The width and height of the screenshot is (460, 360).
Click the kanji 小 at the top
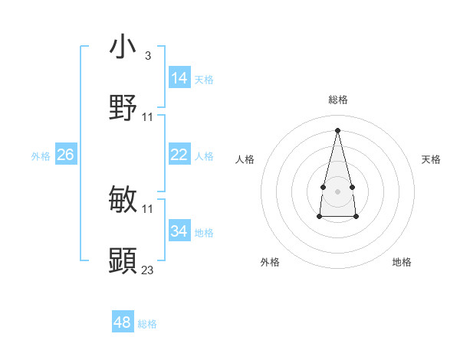(x=123, y=47)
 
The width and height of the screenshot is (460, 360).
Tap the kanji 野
(x=123, y=108)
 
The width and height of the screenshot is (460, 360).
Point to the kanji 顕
(x=123, y=261)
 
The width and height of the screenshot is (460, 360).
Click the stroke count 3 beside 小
(x=147, y=56)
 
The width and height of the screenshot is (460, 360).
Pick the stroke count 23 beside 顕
(x=148, y=270)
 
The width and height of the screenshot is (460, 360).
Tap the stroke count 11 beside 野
(x=148, y=116)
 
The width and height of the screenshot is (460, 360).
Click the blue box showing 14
(x=179, y=78)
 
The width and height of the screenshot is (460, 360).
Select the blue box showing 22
(x=179, y=155)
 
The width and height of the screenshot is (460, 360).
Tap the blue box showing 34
(x=179, y=231)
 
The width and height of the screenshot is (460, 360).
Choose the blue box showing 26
(x=65, y=155)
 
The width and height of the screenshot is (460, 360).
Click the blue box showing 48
(x=123, y=322)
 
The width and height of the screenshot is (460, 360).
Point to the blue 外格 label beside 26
(x=41, y=156)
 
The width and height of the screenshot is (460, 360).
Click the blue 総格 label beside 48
(x=147, y=324)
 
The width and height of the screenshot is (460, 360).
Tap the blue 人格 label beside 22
(x=204, y=156)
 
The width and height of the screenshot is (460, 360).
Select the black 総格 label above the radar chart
(x=337, y=100)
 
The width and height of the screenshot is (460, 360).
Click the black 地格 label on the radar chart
(x=402, y=262)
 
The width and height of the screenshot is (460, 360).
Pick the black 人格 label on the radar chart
(x=245, y=159)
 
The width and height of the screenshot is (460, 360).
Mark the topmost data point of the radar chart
(x=337, y=129)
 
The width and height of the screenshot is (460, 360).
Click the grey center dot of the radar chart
(x=337, y=190)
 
